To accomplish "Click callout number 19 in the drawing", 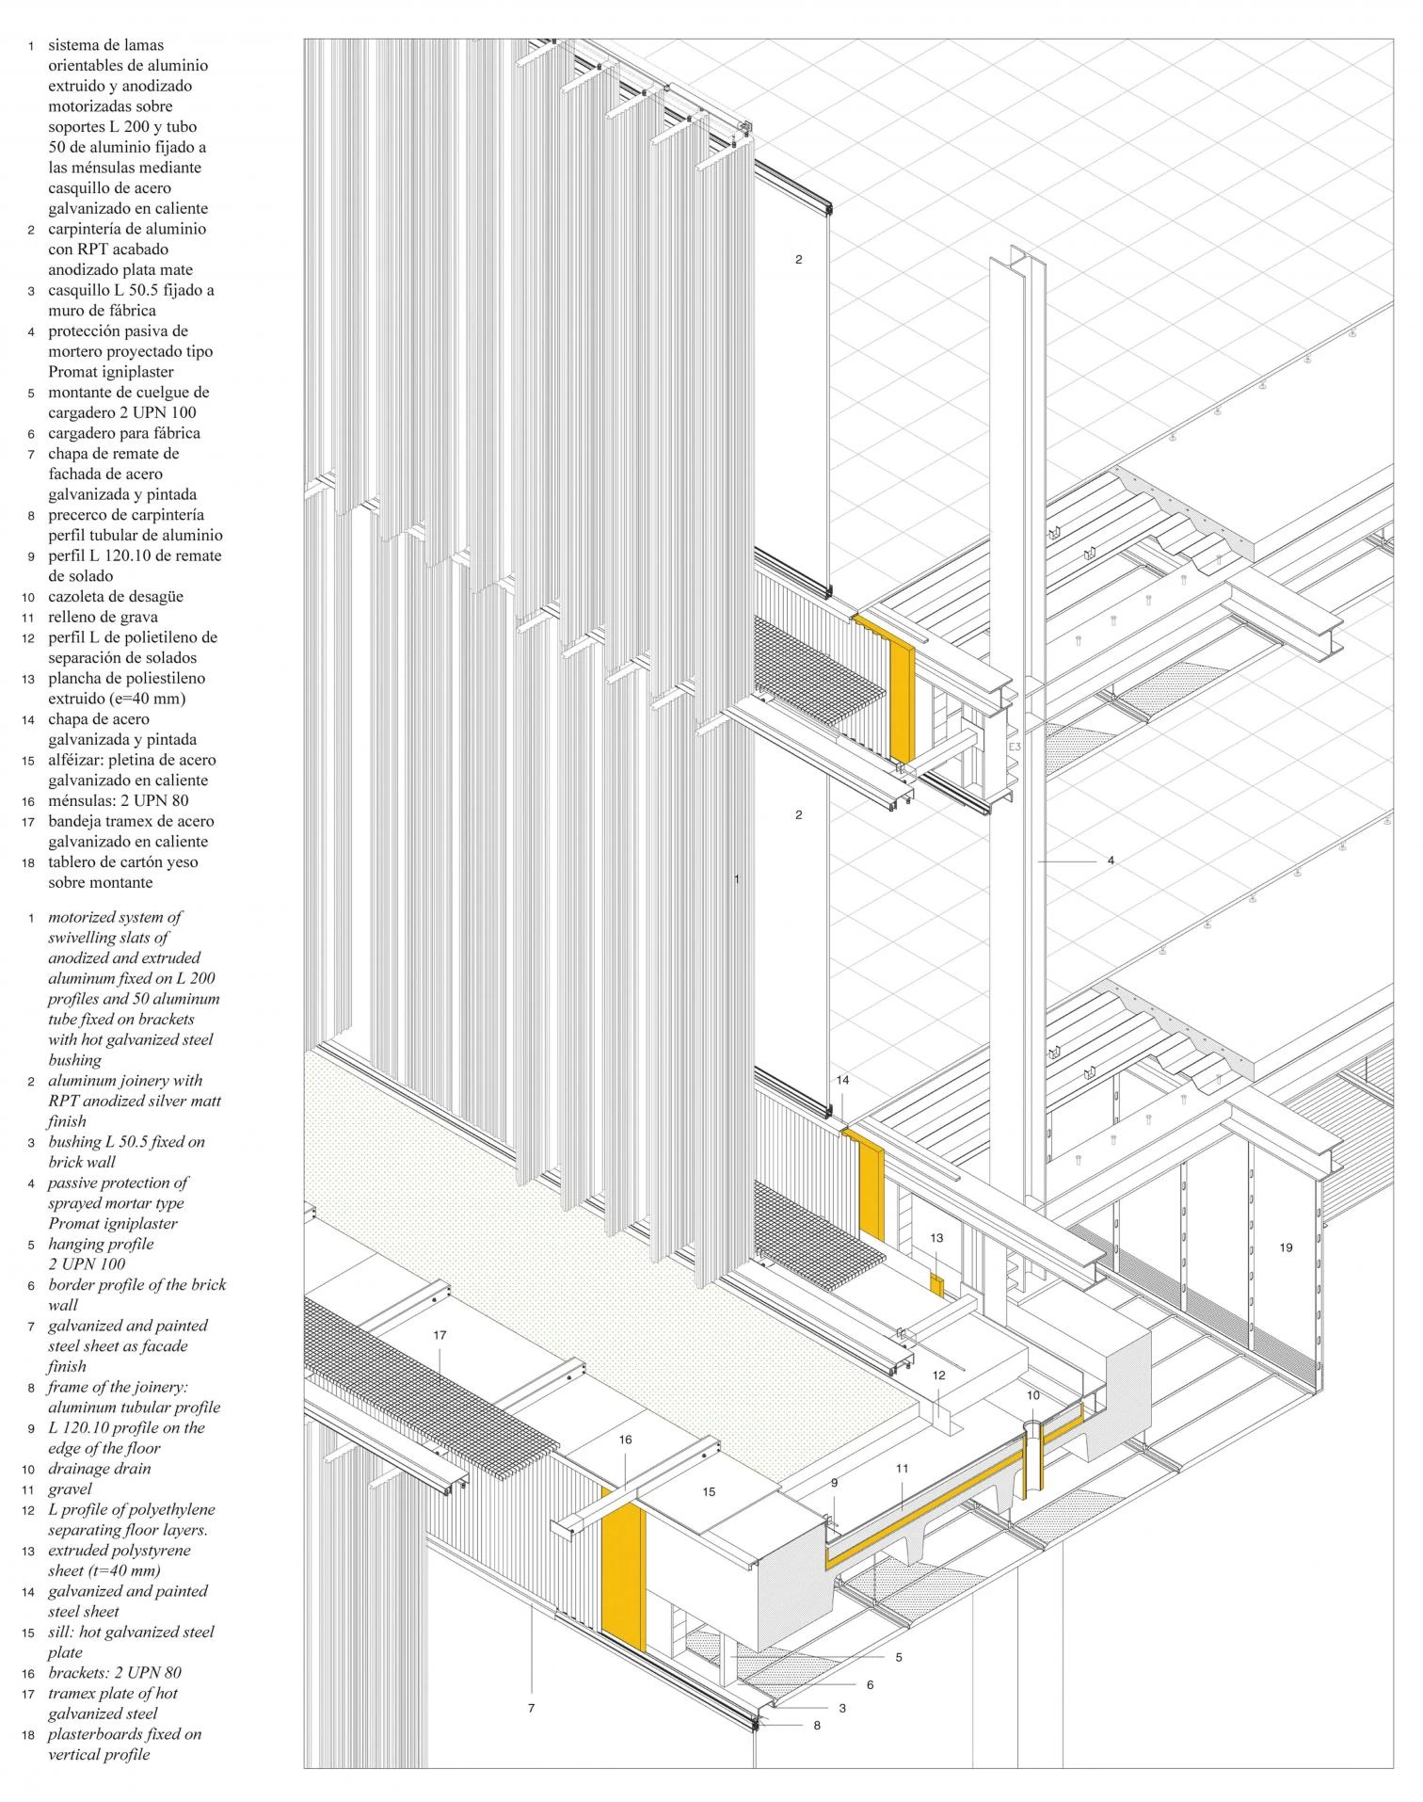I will click(1287, 1247).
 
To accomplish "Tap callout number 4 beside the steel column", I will click(1111, 861).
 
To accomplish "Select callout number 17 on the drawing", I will click(440, 1335).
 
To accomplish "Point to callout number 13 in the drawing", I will click(936, 1238).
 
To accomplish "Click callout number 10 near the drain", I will click(1033, 1395).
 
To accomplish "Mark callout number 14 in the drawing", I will click(842, 1080).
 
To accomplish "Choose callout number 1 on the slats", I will click(737, 879).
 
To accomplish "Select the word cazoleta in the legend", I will click(79, 596).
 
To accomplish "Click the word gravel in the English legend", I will click(70, 1489).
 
